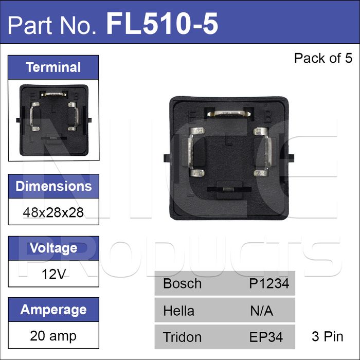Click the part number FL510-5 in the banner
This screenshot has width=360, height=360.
point(162,24)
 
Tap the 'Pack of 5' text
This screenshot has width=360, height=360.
point(323,58)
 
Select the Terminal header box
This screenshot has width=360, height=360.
point(53,67)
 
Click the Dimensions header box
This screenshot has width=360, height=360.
point(53,186)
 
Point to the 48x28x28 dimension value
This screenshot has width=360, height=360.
point(53,212)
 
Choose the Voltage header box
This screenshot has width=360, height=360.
point(53,248)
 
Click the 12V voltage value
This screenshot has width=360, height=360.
point(53,274)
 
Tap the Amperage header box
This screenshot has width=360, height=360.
point(53,310)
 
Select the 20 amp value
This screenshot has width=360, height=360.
point(53,336)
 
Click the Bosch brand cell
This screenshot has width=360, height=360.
point(182,283)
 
